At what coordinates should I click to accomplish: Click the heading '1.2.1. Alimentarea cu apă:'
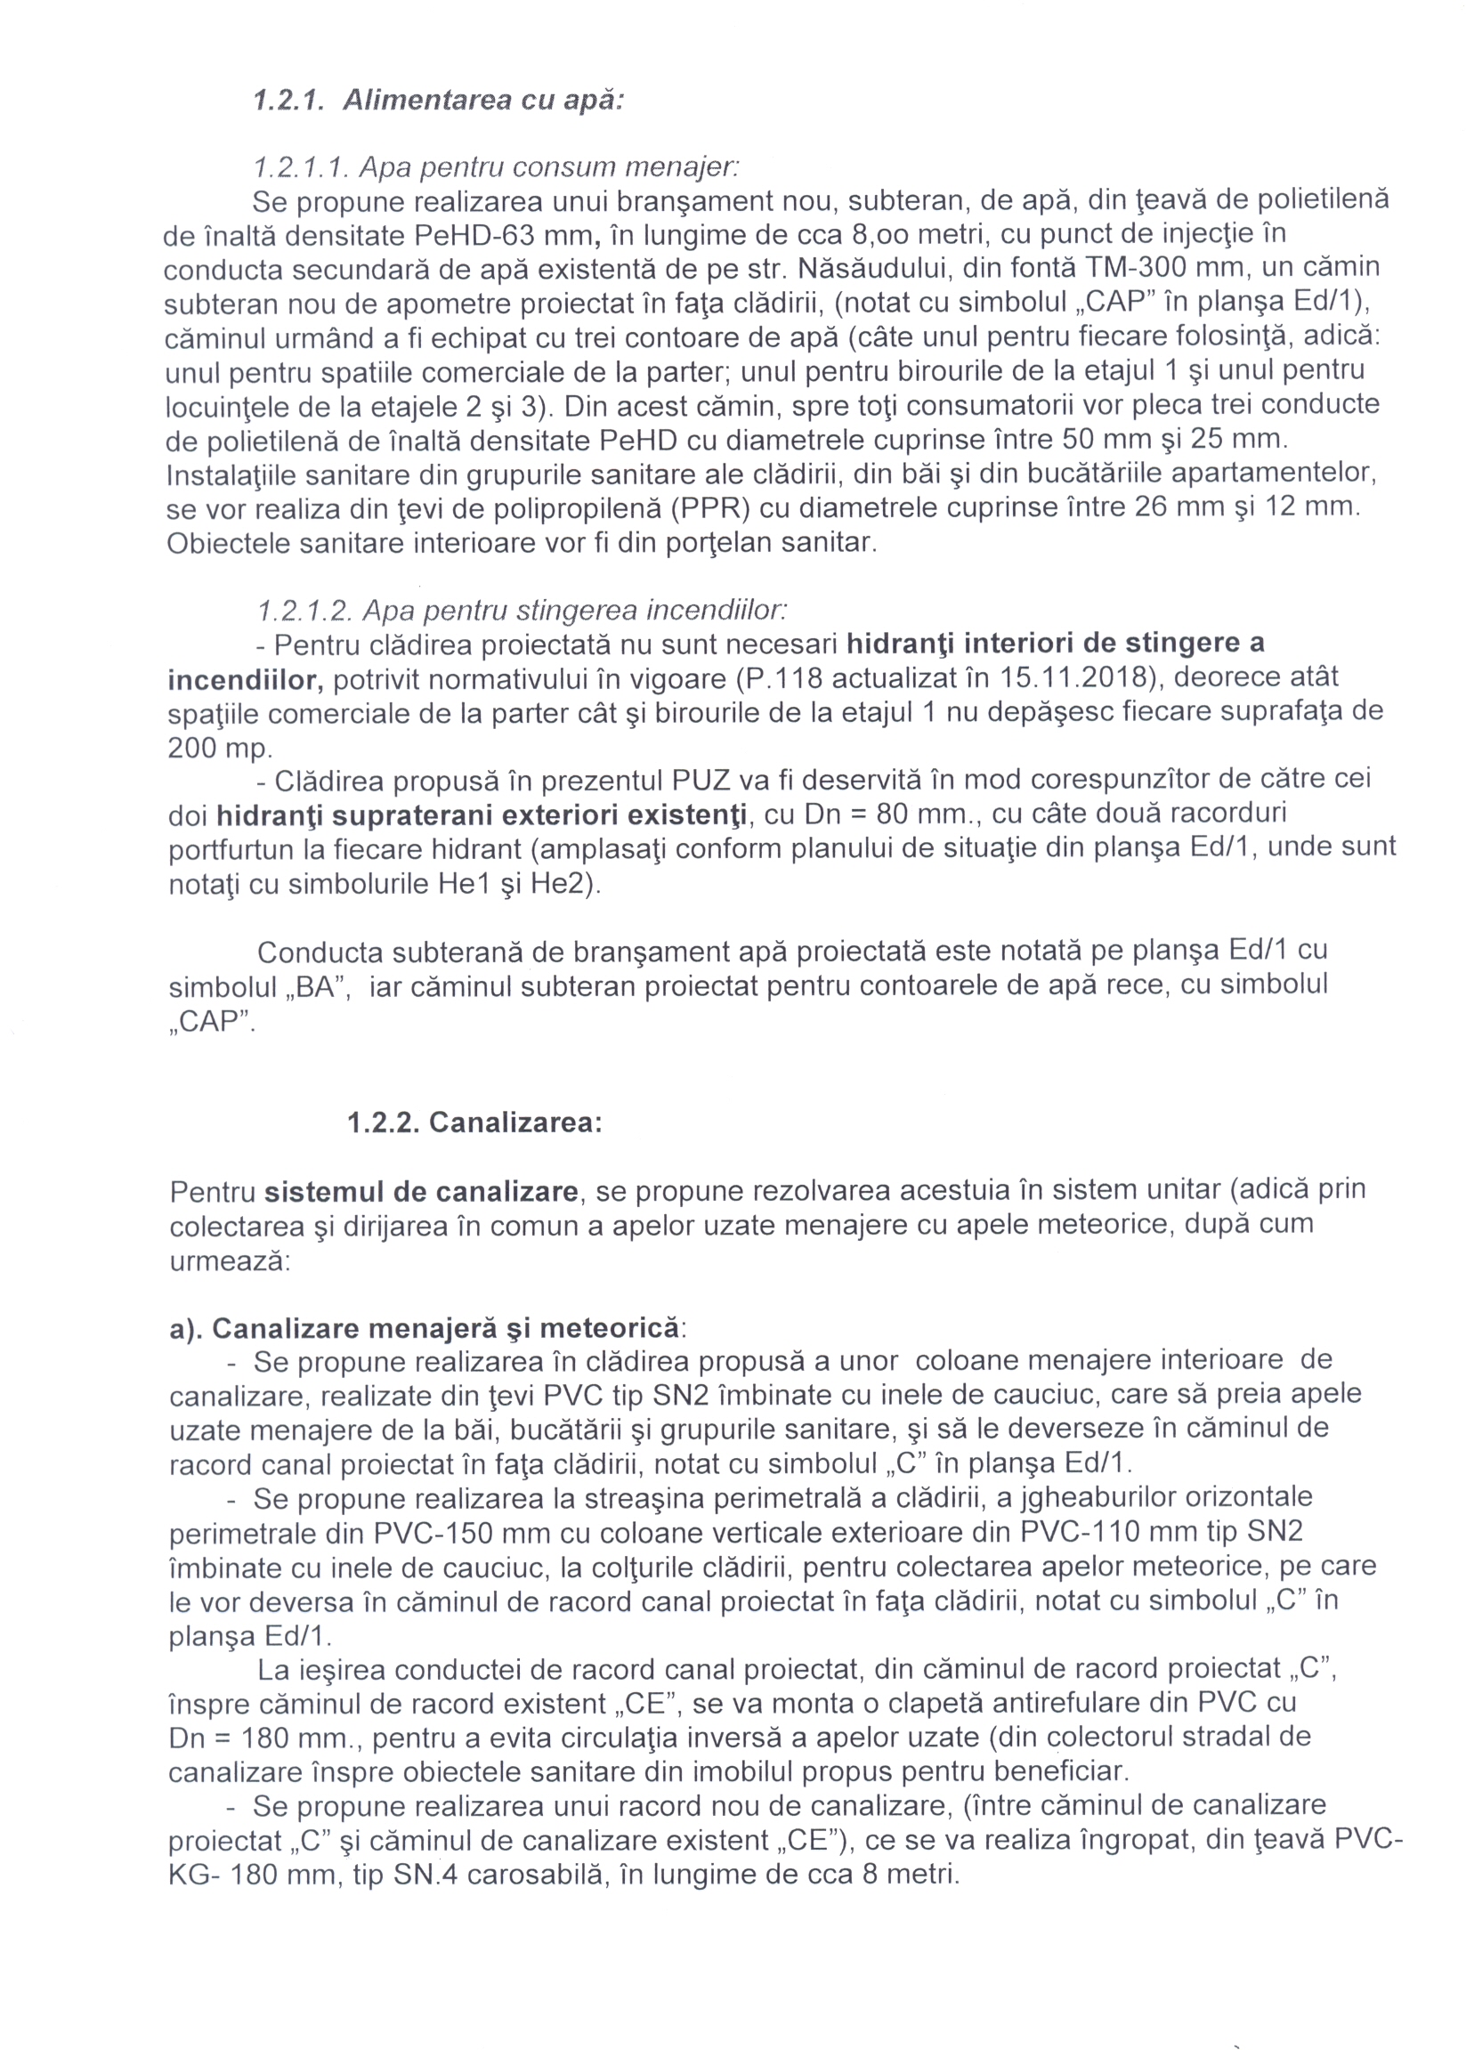439,101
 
